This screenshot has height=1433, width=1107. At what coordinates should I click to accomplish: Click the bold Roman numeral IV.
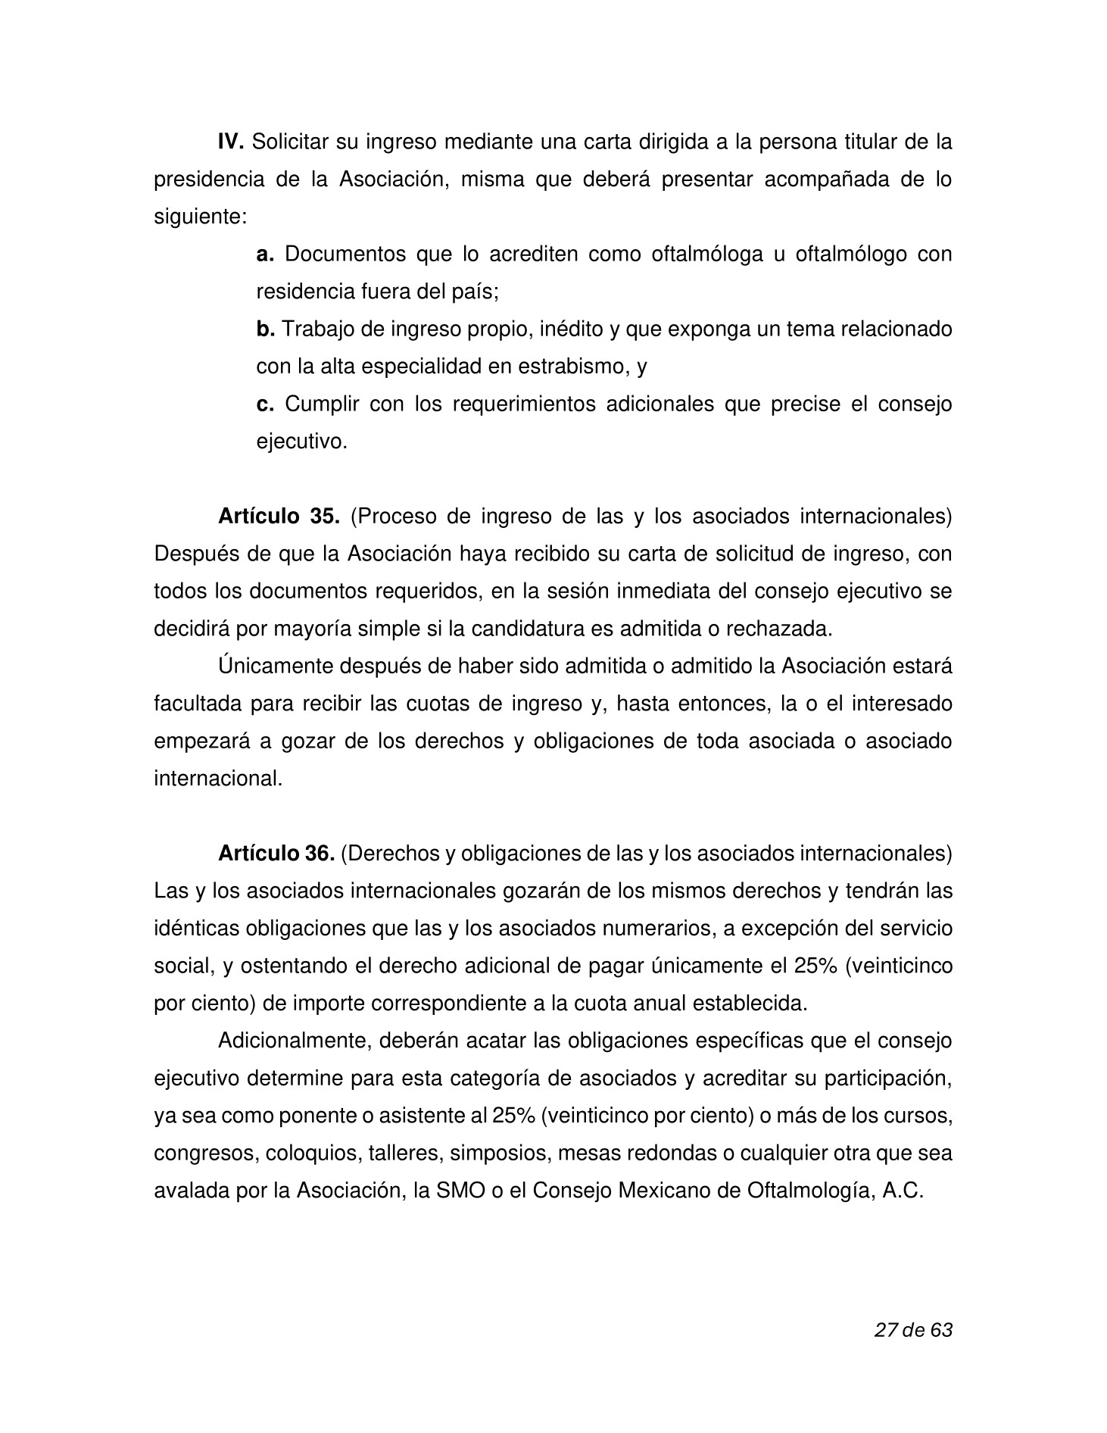(231, 142)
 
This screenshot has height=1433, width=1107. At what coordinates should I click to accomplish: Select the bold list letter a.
(264, 254)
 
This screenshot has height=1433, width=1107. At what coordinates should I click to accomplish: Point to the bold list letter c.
(264, 404)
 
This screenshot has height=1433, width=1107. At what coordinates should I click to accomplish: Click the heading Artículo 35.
(279, 517)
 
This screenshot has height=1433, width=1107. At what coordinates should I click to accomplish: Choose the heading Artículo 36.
(276, 854)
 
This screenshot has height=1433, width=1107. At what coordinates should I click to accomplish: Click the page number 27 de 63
(912, 1330)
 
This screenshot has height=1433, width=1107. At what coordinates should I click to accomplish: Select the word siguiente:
(201, 217)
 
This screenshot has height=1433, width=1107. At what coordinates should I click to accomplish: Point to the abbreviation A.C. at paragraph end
(903, 1191)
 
